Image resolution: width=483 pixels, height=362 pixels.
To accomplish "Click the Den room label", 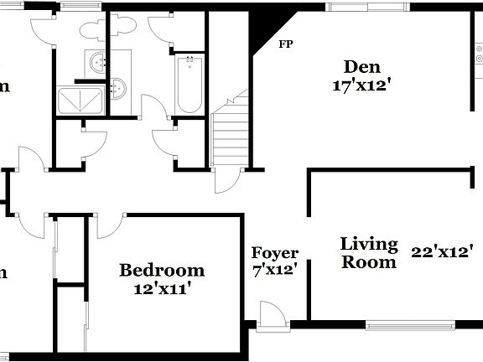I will pos(361,66).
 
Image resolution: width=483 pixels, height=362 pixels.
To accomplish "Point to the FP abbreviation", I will pos(286,44).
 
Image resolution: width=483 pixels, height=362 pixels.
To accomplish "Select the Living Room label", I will pos(368,252).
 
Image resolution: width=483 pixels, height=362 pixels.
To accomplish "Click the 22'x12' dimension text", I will pos(443,251).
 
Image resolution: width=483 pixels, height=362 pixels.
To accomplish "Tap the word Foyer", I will pos(275,253).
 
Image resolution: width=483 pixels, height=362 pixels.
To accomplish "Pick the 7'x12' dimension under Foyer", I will pos(275,271).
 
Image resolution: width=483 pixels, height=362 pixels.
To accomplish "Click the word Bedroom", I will pos(162,270).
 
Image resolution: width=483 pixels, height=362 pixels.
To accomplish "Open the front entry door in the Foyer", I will pos(272,316).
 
